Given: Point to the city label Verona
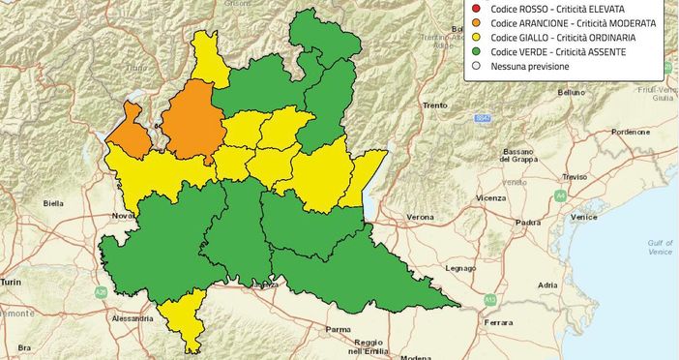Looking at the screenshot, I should click(420, 217).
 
